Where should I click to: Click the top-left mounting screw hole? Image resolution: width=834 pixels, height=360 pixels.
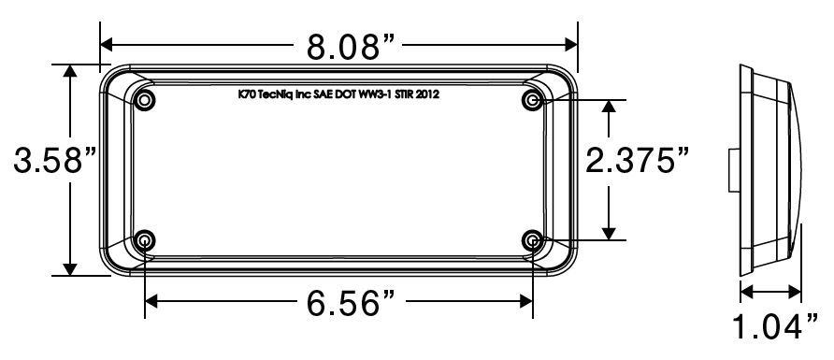[x=145, y=100]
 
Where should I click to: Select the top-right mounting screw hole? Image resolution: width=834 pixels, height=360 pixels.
[x=533, y=100]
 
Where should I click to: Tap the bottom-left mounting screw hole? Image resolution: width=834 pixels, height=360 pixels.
[x=145, y=241]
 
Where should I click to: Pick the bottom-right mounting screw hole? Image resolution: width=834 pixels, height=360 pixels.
[x=533, y=241]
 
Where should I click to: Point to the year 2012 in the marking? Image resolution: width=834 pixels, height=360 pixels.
[x=428, y=94]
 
